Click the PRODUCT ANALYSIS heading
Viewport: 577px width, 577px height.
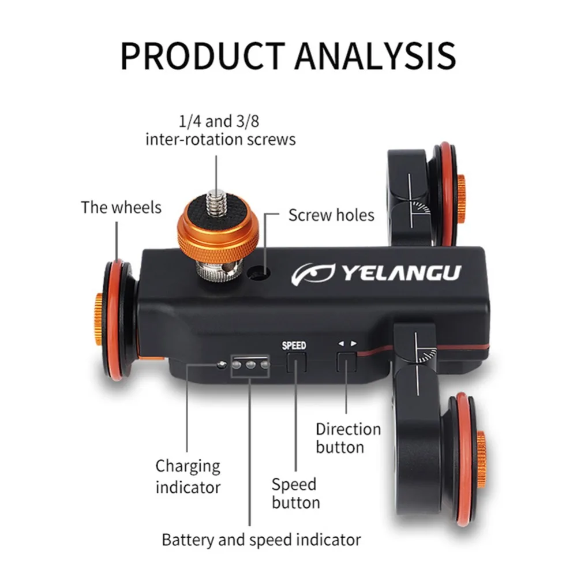(288, 56)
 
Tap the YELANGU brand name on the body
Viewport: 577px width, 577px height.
(402, 273)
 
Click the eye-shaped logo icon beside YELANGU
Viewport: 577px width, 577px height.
(313, 273)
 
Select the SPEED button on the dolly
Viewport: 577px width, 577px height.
(296, 362)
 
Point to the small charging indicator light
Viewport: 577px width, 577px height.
(222, 365)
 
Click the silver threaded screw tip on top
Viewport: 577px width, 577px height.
(216, 201)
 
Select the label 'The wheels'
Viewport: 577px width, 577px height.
(121, 208)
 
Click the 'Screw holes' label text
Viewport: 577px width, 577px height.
(331, 215)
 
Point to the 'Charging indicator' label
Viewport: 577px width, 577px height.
(188, 477)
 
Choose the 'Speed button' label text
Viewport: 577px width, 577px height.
(296, 493)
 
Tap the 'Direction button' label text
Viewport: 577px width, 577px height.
(348, 439)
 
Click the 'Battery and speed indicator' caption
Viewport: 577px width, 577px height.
(261, 540)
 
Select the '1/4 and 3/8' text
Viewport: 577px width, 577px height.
(219, 121)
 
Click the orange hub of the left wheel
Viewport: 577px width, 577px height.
(98, 320)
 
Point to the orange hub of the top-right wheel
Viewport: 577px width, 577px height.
(460, 198)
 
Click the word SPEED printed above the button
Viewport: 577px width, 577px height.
(294, 346)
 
